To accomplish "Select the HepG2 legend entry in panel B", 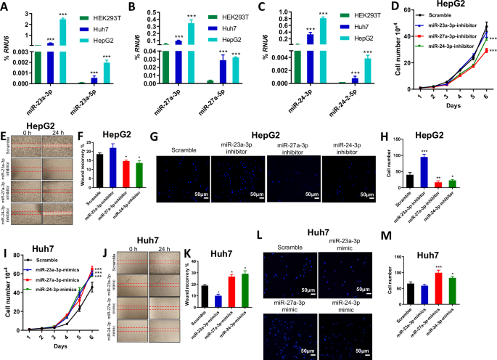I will pos(219,35).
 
